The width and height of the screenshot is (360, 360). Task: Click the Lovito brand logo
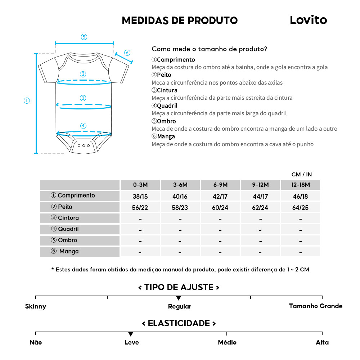coord(308,20)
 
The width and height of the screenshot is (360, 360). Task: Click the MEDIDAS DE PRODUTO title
coord(180,21)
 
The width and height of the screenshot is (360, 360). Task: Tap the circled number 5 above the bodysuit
coord(84,37)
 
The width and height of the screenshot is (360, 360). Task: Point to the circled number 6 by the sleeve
coord(127,53)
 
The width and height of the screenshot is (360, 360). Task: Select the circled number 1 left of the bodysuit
coord(27,101)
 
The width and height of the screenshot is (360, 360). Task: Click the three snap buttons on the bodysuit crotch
coord(84,145)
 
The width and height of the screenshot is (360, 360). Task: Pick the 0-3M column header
coord(140,185)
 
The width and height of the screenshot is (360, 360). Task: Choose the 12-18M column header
coord(300,185)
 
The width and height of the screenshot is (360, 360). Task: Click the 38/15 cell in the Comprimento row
coord(140,197)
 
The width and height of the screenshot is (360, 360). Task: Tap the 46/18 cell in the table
coord(300,197)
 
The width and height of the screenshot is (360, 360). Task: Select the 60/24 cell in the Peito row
coord(220,208)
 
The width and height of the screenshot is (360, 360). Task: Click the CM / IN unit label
coord(302,175)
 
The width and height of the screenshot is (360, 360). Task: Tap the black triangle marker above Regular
coord(179,298)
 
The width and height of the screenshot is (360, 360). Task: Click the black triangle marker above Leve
coord(131,334)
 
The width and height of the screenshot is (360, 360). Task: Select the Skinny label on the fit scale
coord(36,307)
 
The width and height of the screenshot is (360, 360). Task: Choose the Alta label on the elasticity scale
coord(322,342)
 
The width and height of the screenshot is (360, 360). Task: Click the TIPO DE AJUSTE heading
coord(179,287)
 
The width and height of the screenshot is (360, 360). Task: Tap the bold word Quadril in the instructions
coord(167,106)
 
